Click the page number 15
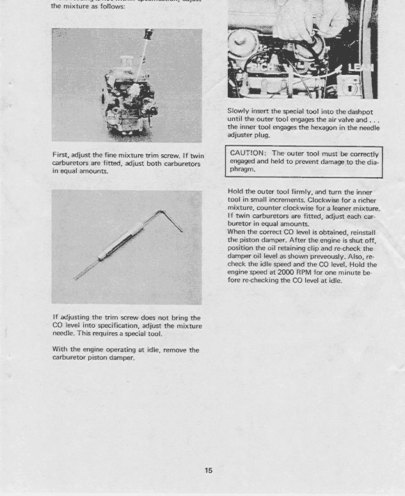click(209, 470)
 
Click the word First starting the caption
click(62, 156)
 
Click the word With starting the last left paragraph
click(61, 350)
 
